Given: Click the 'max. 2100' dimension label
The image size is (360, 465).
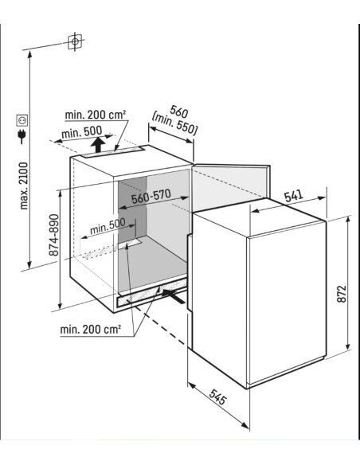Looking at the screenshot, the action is (24, 186).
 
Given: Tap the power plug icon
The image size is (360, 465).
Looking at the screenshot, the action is (22, 136).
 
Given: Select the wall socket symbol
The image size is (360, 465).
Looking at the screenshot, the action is (22, 120).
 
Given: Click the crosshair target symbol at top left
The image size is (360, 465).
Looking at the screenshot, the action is (75, 41).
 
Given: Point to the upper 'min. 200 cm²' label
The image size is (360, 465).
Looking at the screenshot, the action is (96, 115).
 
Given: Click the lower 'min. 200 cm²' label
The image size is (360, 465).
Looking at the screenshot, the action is (91, 329).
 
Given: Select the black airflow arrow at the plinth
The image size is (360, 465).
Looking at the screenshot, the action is (174, 295).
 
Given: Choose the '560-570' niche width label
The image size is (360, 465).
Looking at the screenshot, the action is (151, 197).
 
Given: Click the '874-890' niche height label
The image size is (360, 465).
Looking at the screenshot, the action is (54, 235).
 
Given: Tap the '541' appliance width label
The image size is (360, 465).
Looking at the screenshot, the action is (294, 196).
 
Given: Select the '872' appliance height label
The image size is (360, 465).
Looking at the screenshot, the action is (342, 294).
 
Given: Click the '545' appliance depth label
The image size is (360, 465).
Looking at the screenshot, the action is (218, 397).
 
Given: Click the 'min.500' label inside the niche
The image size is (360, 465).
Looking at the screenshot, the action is (108, 226).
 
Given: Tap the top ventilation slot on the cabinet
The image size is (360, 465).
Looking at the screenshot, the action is (112, 152).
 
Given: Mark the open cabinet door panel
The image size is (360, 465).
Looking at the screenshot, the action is (230, 187).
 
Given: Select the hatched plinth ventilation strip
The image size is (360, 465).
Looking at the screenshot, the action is (152, 293).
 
